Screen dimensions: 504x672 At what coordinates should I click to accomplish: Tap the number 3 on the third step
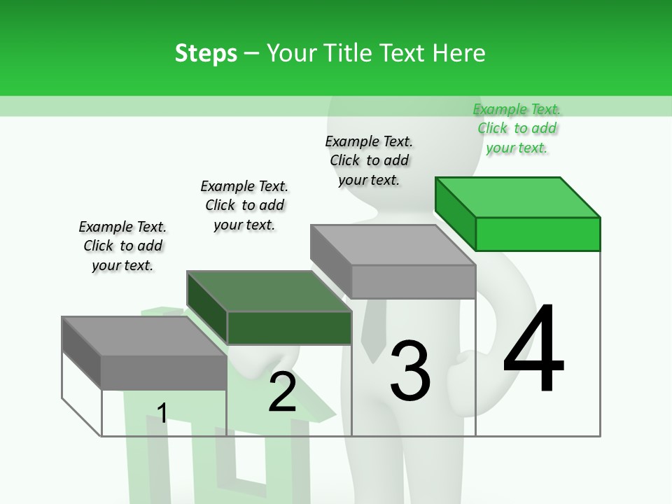(410, 370)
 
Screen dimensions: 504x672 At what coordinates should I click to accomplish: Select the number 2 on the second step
(282, 391)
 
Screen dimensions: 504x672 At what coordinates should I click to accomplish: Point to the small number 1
(162, 413)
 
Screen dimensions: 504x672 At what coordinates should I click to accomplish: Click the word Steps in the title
(206, 53)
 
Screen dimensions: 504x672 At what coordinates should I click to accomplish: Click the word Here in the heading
(461, 53)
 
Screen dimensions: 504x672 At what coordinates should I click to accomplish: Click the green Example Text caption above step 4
(517, 128)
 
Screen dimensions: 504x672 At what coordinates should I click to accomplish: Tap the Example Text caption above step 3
(369, 160)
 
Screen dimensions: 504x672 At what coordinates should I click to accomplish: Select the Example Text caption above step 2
(244, 205)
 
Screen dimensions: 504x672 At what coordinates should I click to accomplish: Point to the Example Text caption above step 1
(122, 246)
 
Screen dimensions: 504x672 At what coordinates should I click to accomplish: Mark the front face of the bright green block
(538, 234)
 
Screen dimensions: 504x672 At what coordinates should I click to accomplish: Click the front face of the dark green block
(289, 328)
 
